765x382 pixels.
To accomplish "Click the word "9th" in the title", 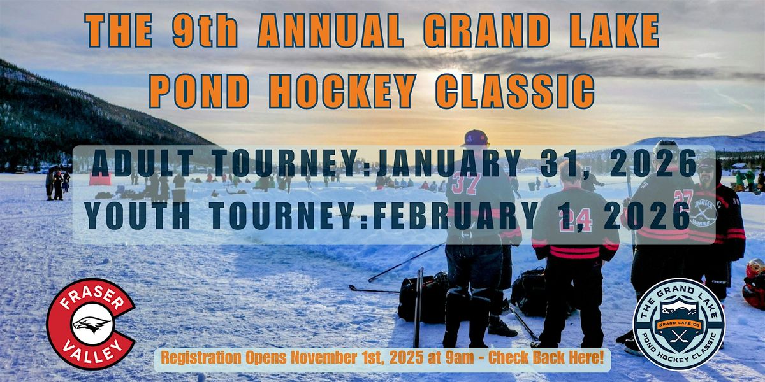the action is pos(205,31).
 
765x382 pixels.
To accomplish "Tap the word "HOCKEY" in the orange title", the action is pos(342,91).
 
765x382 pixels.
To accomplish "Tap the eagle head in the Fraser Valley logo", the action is pos(92,324).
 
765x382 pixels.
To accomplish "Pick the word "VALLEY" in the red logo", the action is pos(92,350).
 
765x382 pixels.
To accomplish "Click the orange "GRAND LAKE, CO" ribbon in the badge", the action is pos(680,324).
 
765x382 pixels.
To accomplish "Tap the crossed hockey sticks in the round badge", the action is pos(679,337).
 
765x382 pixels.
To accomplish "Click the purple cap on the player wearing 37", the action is pos(476,138).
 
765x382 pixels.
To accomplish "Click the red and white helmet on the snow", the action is pos(754,283).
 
